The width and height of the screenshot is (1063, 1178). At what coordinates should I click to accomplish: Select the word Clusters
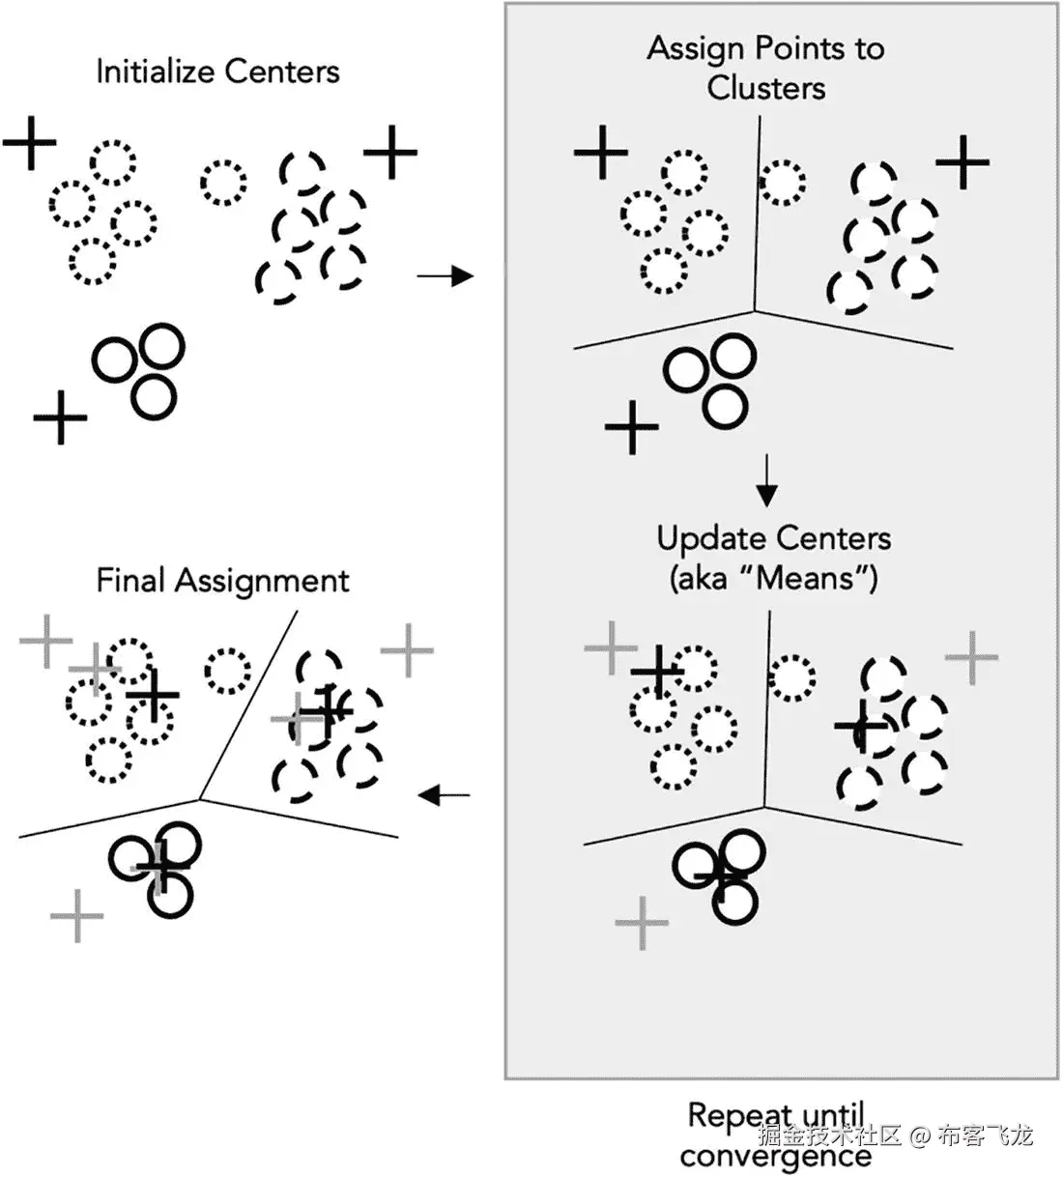click(x=766, y=88)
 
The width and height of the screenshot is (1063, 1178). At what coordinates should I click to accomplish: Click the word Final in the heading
click(x=131, y=581)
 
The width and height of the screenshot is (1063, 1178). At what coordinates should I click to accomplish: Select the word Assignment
click(x=262, y=581)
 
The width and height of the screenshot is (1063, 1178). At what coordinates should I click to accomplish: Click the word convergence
click(x=775, y=1156)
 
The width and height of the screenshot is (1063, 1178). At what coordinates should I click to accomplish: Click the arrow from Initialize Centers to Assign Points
click(x=445, y=277)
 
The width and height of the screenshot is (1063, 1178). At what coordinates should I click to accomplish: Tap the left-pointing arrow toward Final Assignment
click(x=445, y=795)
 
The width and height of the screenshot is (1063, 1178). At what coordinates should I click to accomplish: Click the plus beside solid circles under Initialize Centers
click(x=61, y=417)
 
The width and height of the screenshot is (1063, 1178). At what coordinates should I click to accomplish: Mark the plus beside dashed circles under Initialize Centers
click(x=390, y=152)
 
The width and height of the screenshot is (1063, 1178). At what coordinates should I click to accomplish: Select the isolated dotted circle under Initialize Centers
click(x=224, y=182)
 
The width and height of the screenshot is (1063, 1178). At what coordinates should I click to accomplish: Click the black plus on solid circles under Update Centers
click(x=722, y=876)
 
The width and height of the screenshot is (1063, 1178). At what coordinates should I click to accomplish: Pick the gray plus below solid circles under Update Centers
click(x=642, y=923)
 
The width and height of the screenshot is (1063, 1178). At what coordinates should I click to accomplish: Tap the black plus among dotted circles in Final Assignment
click(x=153, y=695)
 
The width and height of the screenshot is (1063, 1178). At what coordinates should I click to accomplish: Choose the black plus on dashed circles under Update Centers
click(x=861, y=726)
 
